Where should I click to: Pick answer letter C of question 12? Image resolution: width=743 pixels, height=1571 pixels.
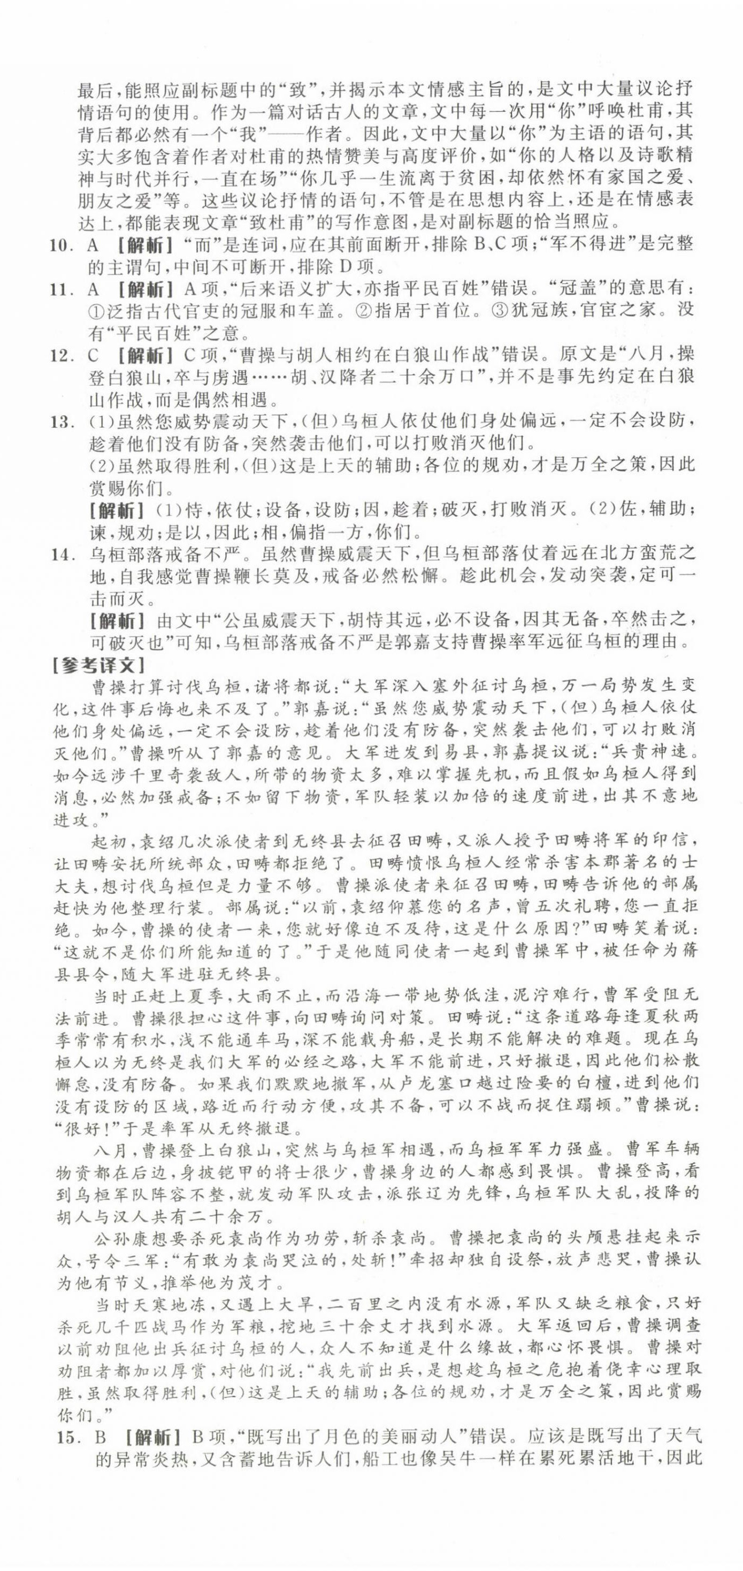(93, 355)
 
